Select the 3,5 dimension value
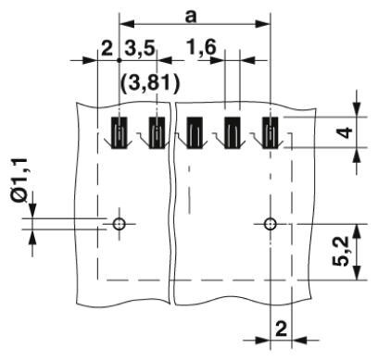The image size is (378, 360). (x=141, y=46)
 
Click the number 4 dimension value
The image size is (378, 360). (x=345, y=132)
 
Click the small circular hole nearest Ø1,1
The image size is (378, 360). (x=119, y=224)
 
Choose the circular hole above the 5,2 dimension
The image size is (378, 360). (x=269, y=224)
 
